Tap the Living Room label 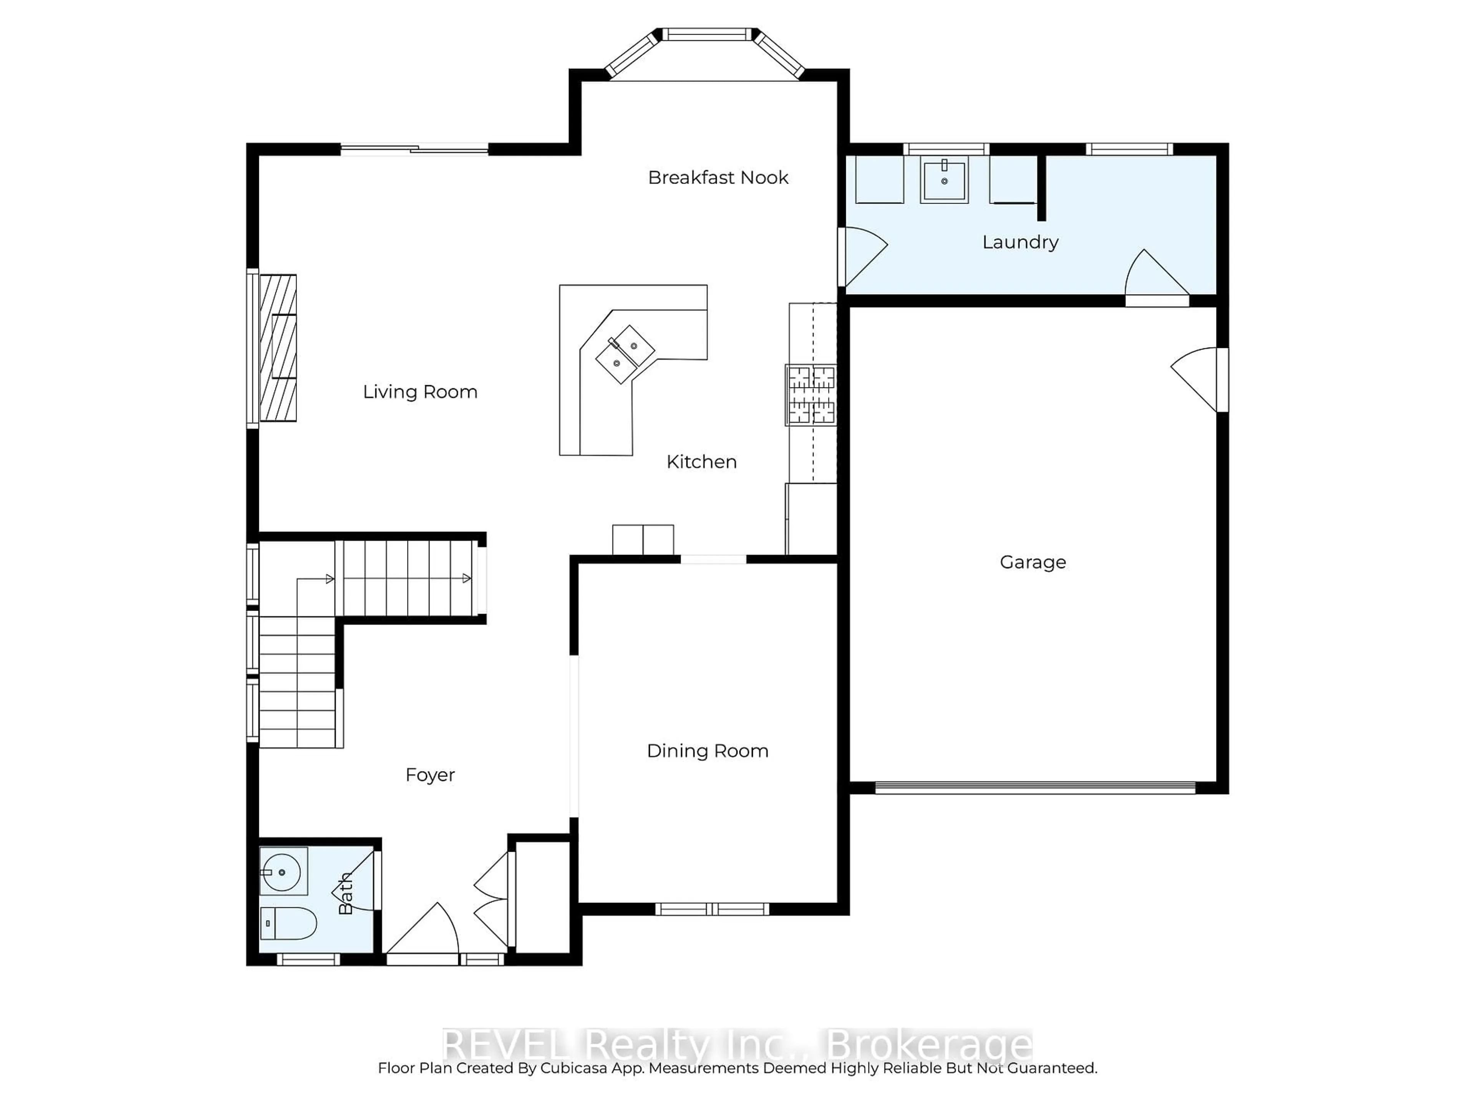[x=420, y=392]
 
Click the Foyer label [x=430, y=775]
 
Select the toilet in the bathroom [x=288, y=923]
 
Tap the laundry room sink [x=943, y=178]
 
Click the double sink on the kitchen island [x=625, y=354]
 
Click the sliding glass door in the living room [x=415, y=149]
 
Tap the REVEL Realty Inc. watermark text [x=737, y=1045]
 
